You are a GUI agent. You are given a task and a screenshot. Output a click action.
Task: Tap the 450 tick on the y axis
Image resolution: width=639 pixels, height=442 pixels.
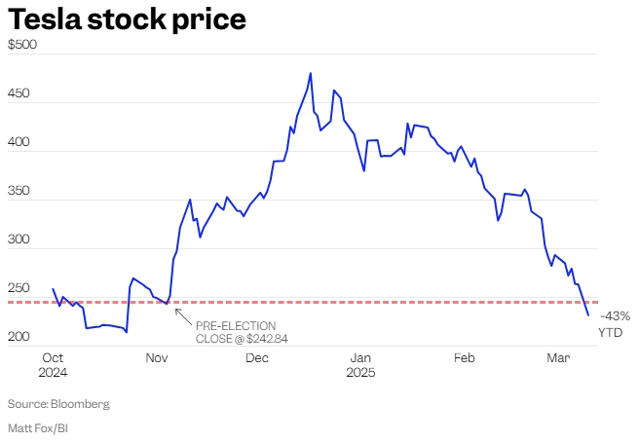[x=19, y=93]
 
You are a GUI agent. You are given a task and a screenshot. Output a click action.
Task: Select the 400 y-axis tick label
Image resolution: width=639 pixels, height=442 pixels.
[x=19, y=142]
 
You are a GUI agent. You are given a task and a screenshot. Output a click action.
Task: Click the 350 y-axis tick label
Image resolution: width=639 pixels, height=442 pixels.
[x=19, y=191]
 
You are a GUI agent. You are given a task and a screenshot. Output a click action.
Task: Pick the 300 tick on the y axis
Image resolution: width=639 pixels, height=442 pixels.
[x=19, y=239]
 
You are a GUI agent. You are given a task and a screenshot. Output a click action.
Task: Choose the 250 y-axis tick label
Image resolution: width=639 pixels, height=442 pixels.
[x=19, y=288]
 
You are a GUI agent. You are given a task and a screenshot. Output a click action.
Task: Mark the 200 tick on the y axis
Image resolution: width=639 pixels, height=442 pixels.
[x=19, y=337]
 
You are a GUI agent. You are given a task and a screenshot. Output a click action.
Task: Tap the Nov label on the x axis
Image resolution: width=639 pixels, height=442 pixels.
[x=158, y=358]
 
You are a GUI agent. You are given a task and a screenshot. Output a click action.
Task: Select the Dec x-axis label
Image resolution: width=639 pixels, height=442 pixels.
[x=257, y=358]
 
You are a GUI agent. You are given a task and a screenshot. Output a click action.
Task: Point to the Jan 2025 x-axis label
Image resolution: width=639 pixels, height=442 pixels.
[x=361, y=365]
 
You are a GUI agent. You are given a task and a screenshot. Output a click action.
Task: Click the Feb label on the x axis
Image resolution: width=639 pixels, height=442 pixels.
[x=464, y=358]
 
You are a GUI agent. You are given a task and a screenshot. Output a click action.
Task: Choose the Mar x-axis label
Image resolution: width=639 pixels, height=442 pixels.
[x=558, y=358]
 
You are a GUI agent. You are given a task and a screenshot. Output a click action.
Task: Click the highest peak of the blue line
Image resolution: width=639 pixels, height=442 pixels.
[x=311, y=73]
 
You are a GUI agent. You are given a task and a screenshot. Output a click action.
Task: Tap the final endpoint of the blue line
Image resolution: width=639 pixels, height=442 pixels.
[x=588, y=315]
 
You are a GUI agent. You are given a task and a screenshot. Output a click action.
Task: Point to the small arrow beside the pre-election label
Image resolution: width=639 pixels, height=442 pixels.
[x=180, y=313]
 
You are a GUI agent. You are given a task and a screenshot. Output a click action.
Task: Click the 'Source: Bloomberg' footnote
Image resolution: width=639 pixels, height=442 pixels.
[x=58, y=403]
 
